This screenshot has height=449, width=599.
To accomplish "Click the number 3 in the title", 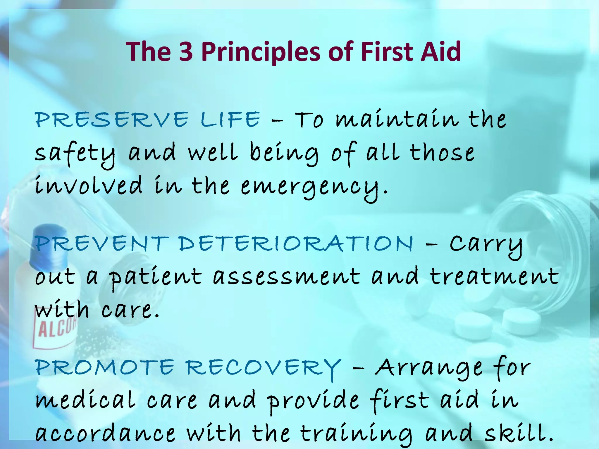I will (x=186, y=52).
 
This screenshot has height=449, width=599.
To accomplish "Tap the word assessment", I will (x=286, y=277).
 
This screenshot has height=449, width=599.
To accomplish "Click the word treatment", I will (x=494, y=277).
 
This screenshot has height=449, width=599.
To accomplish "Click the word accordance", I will (x=105, y=434).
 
